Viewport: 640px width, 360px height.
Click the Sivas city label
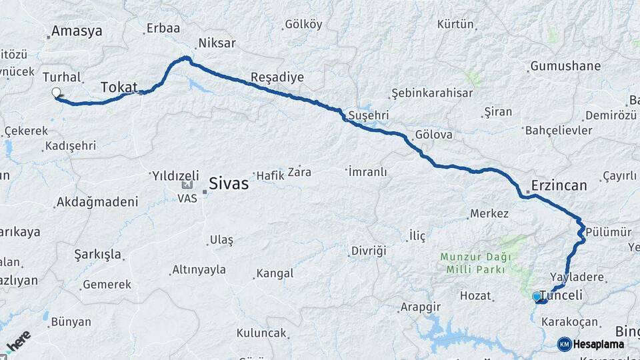[x=229, y=183]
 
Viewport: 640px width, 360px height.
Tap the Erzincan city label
[x=559, y=185]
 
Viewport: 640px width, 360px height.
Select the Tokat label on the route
[x=119, y=87]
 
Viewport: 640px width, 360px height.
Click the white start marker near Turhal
[x=56, y=93]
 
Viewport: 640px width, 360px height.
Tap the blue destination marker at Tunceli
[x=537, y=297]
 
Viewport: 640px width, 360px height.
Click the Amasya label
[x=77, y=31]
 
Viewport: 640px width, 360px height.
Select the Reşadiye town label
[x=277, y=77]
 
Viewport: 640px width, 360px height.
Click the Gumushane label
[x=565, y=66]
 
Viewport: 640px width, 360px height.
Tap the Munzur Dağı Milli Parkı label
[x=475, y=263]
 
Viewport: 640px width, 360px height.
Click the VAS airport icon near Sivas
[x=187, y=186]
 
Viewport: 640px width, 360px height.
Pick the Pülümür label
[x=609, y=231]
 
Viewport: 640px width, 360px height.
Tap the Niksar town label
[x=217, y=43]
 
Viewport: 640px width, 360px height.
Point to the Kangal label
[x=275, y=273]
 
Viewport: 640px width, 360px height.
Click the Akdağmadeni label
[x=97, y=201]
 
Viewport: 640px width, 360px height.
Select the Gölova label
[x=433, y=135]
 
